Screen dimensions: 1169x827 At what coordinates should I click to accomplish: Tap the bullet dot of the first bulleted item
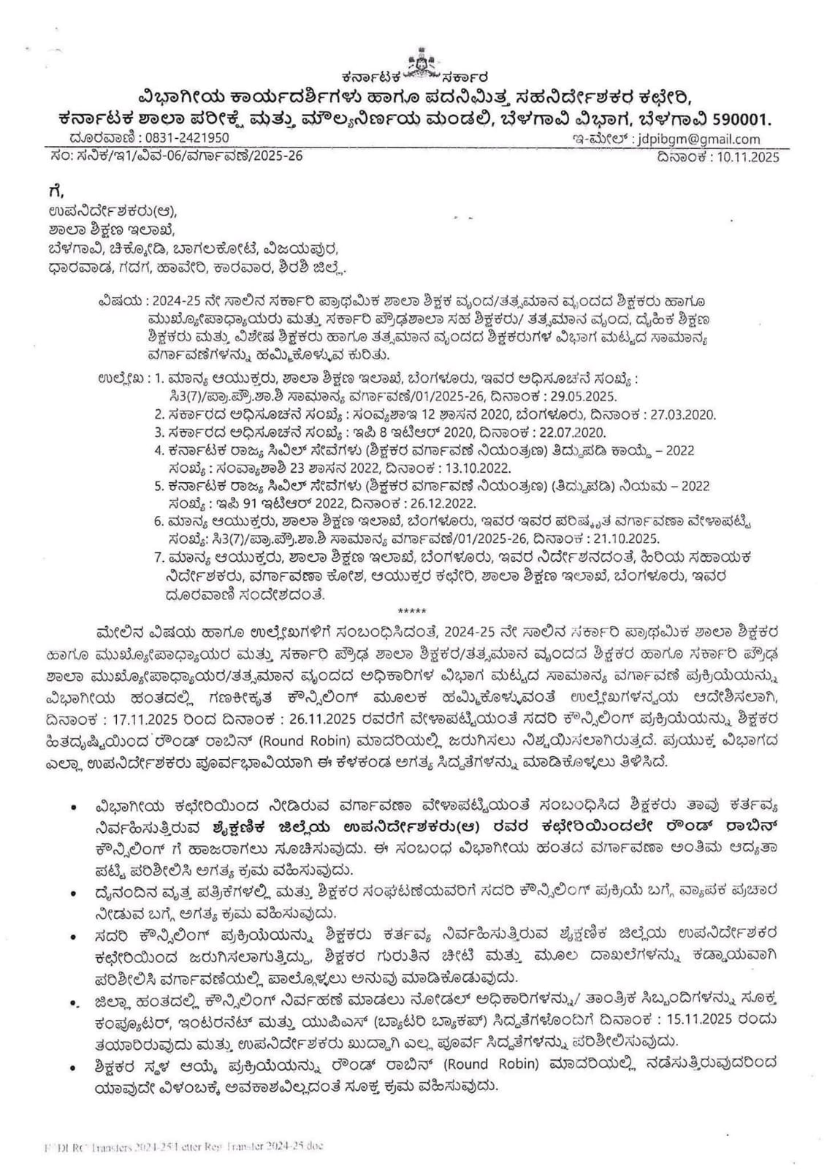click(74, 807)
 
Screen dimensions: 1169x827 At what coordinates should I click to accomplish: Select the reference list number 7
click(159, 557)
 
